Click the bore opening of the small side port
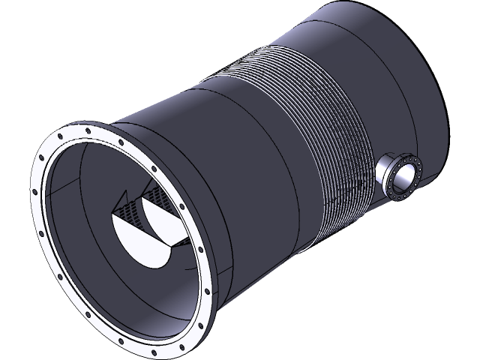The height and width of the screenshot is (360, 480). (x=406, y=178)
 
